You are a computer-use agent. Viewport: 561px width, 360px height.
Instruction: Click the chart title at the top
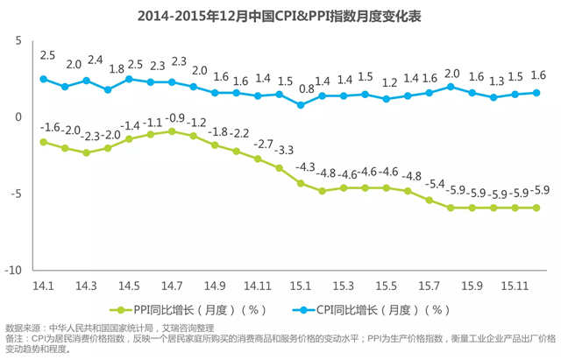point(280,15)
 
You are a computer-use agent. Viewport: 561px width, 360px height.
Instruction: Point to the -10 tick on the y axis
point(15,270)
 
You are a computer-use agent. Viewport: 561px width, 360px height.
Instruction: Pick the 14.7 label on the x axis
point(172,286)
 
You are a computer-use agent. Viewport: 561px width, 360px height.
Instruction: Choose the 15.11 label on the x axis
point(515,286)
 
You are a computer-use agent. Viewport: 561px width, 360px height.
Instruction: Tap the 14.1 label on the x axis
point(43,286)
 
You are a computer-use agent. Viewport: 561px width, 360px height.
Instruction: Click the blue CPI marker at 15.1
point(301,104)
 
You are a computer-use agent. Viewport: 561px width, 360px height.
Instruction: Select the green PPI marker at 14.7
point(172,131)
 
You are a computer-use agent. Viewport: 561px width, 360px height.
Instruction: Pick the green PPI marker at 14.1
point(43,141)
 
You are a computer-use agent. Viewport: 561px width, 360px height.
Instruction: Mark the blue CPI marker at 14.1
point(43,79)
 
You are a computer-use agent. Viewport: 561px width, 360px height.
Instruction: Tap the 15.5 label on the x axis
point(387,286)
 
